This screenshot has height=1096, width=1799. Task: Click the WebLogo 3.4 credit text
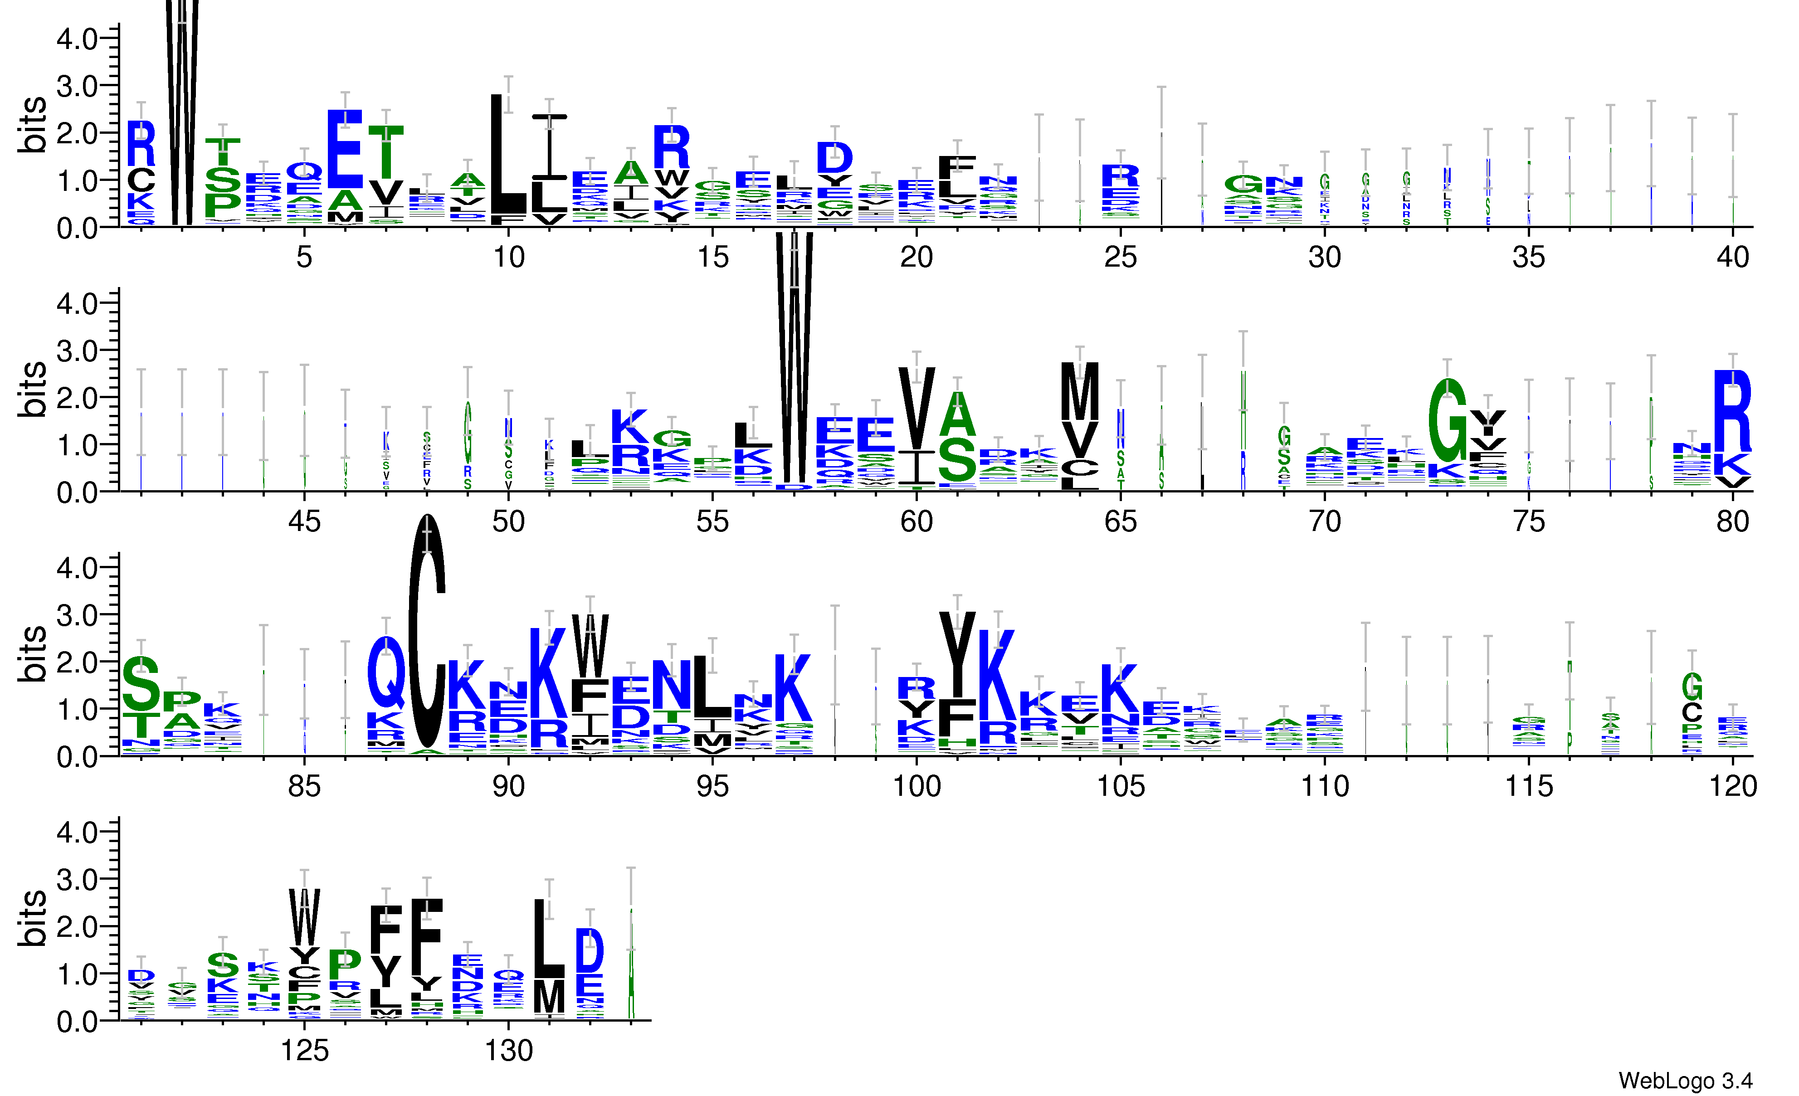(1684, 1080)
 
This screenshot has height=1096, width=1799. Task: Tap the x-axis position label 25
(1120, 258)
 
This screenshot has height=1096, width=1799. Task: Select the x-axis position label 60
(917, 522)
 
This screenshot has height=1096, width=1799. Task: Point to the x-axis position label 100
(917, 786)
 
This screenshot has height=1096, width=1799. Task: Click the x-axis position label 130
(508, 1051)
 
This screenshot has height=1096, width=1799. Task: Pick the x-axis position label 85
(304, 786)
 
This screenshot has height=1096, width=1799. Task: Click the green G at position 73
(1447, 420)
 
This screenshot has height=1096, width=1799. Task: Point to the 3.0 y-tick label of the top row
(77, 86)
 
